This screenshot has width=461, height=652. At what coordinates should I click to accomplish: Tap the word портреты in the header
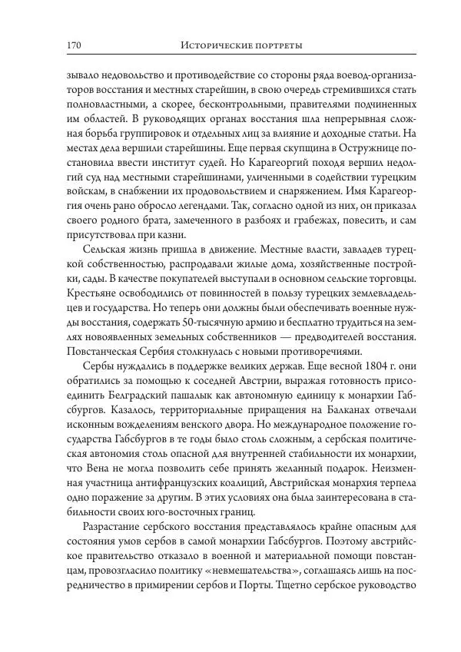(277, 46)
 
